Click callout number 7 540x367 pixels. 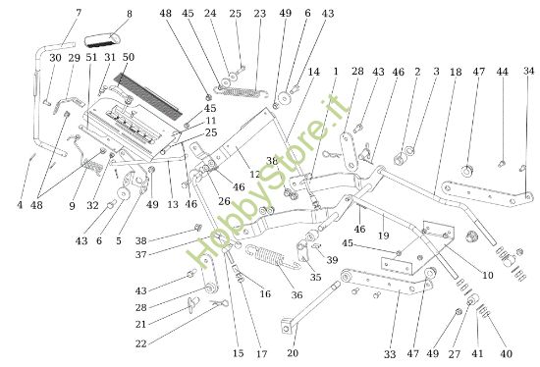[79, 13]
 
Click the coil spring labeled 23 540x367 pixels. [243, 94]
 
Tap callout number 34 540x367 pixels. [529, 72]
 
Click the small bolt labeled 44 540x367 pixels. [502, 161]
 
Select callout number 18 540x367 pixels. [455, 72]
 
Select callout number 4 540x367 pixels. [20, 204]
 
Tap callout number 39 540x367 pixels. [333, 259]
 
